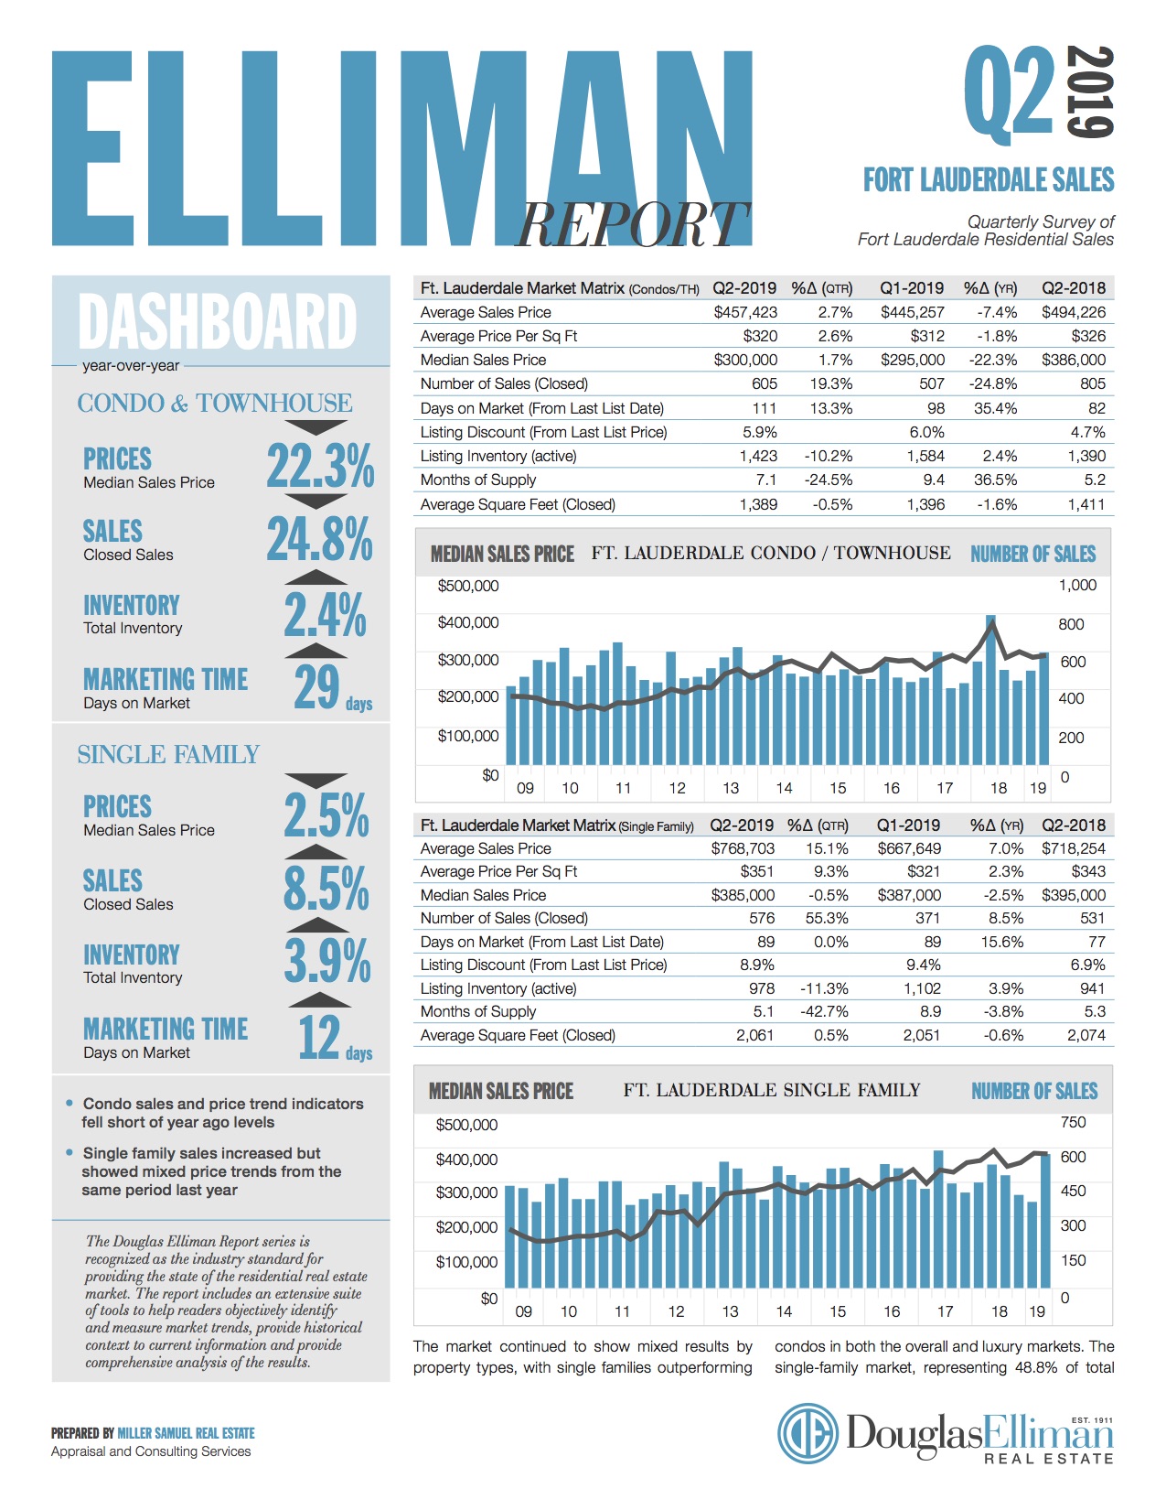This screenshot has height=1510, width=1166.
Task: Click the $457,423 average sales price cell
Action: tap(744, 312)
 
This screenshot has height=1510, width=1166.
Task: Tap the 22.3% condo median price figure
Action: tap(320, 466)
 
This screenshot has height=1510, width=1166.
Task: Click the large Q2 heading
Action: tap(1009, 92)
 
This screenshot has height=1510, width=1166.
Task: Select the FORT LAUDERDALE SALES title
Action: tap(989, 179)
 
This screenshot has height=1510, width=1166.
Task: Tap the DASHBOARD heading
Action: tap(218, 321)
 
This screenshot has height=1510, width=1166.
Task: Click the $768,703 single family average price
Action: tap(742, 848)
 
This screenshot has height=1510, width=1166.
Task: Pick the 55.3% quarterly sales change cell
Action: tap(827, 918)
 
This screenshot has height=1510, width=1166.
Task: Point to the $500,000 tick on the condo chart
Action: tap(468, 586)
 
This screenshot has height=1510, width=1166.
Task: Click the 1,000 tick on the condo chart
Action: tap(1077, 585)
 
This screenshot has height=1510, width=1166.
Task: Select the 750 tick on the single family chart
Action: tap(1073, 1122)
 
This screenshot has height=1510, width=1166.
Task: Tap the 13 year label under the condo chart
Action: tap(731, 788)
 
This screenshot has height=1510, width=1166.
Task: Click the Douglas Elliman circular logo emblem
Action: tap(808, 1433)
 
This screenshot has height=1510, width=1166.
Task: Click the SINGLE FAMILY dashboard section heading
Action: tap(168, 754)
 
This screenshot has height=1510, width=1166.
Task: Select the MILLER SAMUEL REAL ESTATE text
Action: tap(186, 1433)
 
